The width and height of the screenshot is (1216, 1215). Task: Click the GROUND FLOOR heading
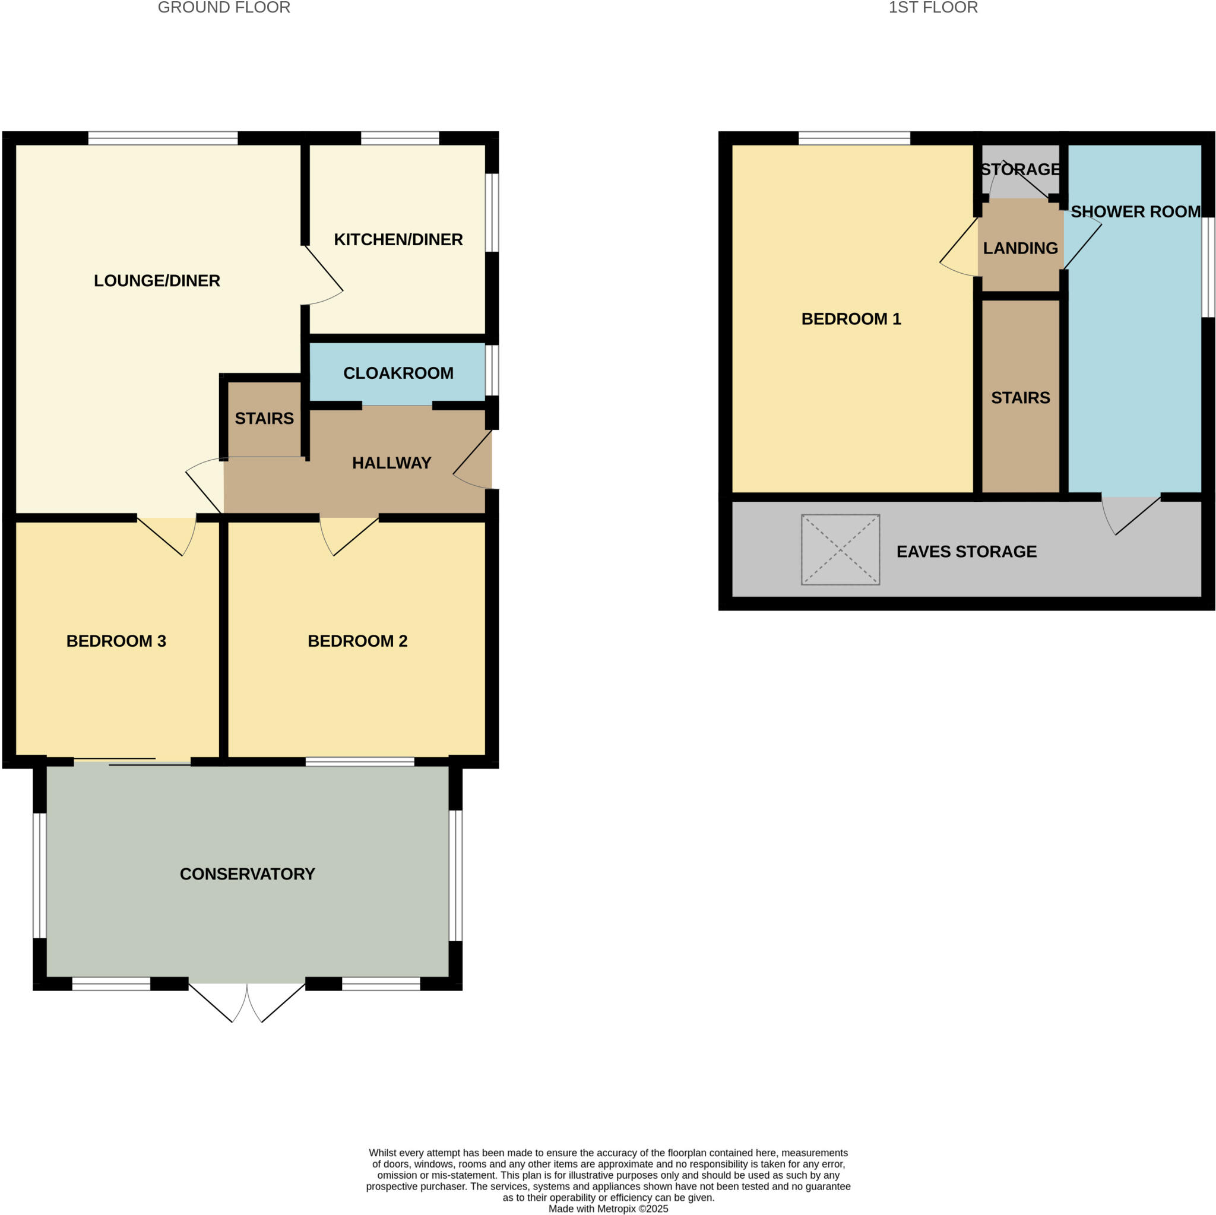[223, 8]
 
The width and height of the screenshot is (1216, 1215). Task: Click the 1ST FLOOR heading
[933, 8]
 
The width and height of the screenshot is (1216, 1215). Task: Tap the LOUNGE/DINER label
[157, 281]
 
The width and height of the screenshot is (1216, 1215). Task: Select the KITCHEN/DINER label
[398, 240]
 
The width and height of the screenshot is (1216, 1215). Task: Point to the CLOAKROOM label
[398, 374]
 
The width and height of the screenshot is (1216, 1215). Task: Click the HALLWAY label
[391, 463]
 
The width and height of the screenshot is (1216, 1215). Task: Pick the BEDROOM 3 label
[116, 641]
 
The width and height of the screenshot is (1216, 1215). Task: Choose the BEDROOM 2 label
[357, 641]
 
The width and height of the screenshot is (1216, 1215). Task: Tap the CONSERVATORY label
[248, 874]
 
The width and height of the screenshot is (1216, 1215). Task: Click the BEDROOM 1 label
[851, 319]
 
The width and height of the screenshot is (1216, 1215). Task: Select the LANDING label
[1019, 249]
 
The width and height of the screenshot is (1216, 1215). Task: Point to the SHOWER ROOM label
[1135, 212]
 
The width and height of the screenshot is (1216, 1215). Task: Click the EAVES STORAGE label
[966, 552]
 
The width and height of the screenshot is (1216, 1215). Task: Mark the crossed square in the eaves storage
[840, 549]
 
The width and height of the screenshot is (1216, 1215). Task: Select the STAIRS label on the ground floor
[264, 419]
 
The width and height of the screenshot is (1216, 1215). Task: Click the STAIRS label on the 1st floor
[1019, 398]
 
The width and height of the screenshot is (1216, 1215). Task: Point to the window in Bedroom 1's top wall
[853, 138]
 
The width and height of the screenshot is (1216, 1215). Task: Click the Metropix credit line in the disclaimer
[608, 1208]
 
